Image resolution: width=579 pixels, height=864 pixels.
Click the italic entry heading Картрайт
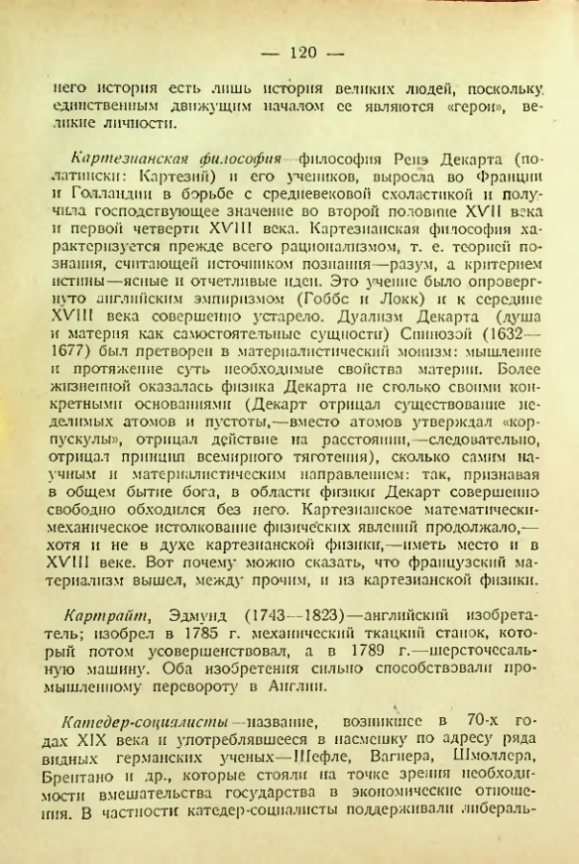109,604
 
